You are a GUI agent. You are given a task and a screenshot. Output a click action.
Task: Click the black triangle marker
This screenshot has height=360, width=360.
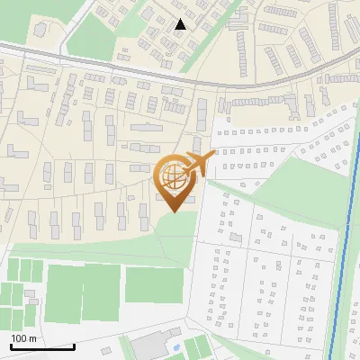point(181,24)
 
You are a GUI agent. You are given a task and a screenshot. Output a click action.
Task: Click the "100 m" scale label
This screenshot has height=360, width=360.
point(23,338)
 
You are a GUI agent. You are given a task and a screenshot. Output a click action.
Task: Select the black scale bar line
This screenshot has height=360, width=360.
point(42,346)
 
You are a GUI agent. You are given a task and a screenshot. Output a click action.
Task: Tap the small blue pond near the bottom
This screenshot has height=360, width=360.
point(176,347)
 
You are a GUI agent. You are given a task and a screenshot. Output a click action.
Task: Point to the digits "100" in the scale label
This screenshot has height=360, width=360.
point(19,338)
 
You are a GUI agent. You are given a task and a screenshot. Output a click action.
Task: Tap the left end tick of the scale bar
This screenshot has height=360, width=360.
point(11,346)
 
